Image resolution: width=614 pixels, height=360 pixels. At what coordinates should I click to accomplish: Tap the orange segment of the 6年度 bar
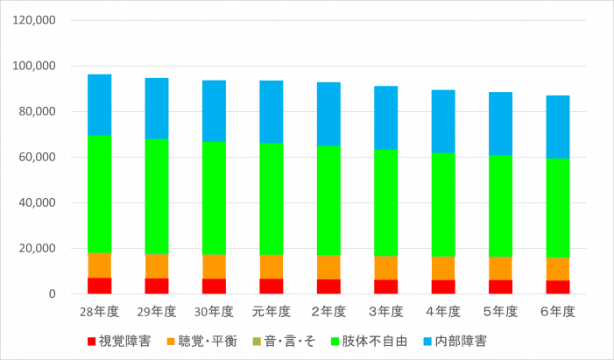(557, 269)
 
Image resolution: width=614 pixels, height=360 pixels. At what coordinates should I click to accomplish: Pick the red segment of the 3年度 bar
(385, 286)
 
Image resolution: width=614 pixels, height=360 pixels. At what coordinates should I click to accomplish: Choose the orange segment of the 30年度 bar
(214, 266)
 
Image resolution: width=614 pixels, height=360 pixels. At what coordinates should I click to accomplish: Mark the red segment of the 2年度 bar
(328, 286)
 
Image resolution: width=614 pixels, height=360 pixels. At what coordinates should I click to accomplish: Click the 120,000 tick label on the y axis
(36, 20)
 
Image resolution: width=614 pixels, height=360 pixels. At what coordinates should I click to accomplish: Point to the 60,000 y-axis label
(39, 157)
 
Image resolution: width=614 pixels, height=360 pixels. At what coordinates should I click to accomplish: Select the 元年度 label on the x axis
(271, 312)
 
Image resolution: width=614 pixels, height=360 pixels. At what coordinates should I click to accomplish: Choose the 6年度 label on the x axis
(557, 312)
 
